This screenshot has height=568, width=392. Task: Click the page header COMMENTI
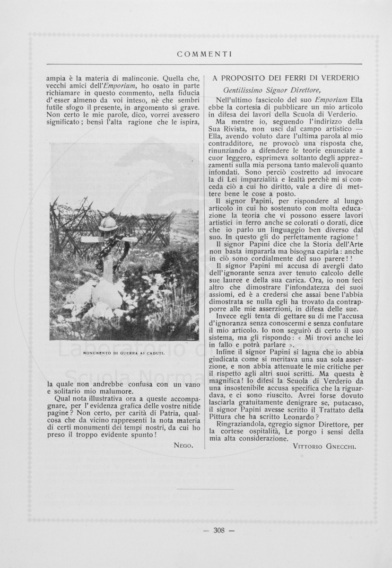[204, 54]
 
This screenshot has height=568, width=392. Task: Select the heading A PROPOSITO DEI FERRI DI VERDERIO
[286, 78]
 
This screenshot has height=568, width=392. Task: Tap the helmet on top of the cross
[107, 223]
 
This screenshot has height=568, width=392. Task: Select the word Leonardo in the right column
[298, 417]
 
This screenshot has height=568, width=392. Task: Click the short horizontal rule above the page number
[205, 489]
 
